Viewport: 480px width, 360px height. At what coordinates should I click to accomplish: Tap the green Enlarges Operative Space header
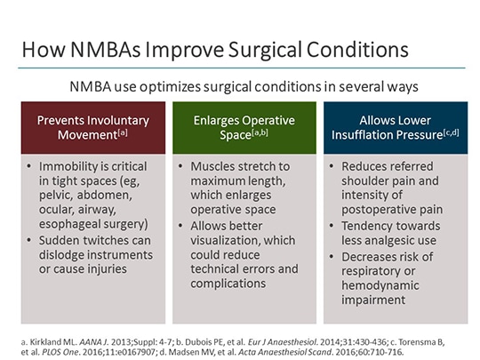[240, 127]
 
